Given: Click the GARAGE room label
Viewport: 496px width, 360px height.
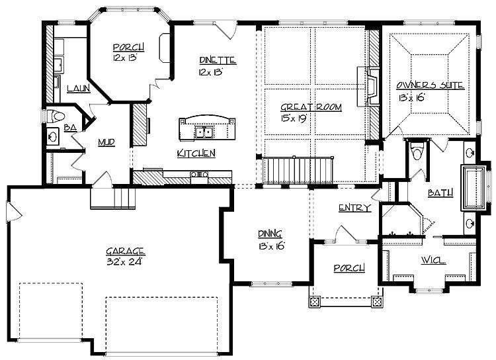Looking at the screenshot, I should click(x=126, y=251).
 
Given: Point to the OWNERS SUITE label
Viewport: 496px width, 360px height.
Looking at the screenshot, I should click(x=430, y=85).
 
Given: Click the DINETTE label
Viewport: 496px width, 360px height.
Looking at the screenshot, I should click(x=218, y=62).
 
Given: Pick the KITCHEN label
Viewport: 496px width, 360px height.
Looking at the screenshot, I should click(x=196, y=154).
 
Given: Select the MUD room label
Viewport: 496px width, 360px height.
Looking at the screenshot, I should click(x=107, y=142).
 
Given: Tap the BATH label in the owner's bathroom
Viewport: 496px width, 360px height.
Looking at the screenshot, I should click(x=440, y=193).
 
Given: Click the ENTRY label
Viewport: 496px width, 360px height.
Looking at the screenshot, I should click(x=354, y=208).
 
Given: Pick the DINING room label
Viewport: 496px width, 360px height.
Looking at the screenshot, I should click(x=270, y=234).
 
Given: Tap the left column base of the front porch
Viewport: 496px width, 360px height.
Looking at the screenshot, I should click(x=313, y=302).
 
